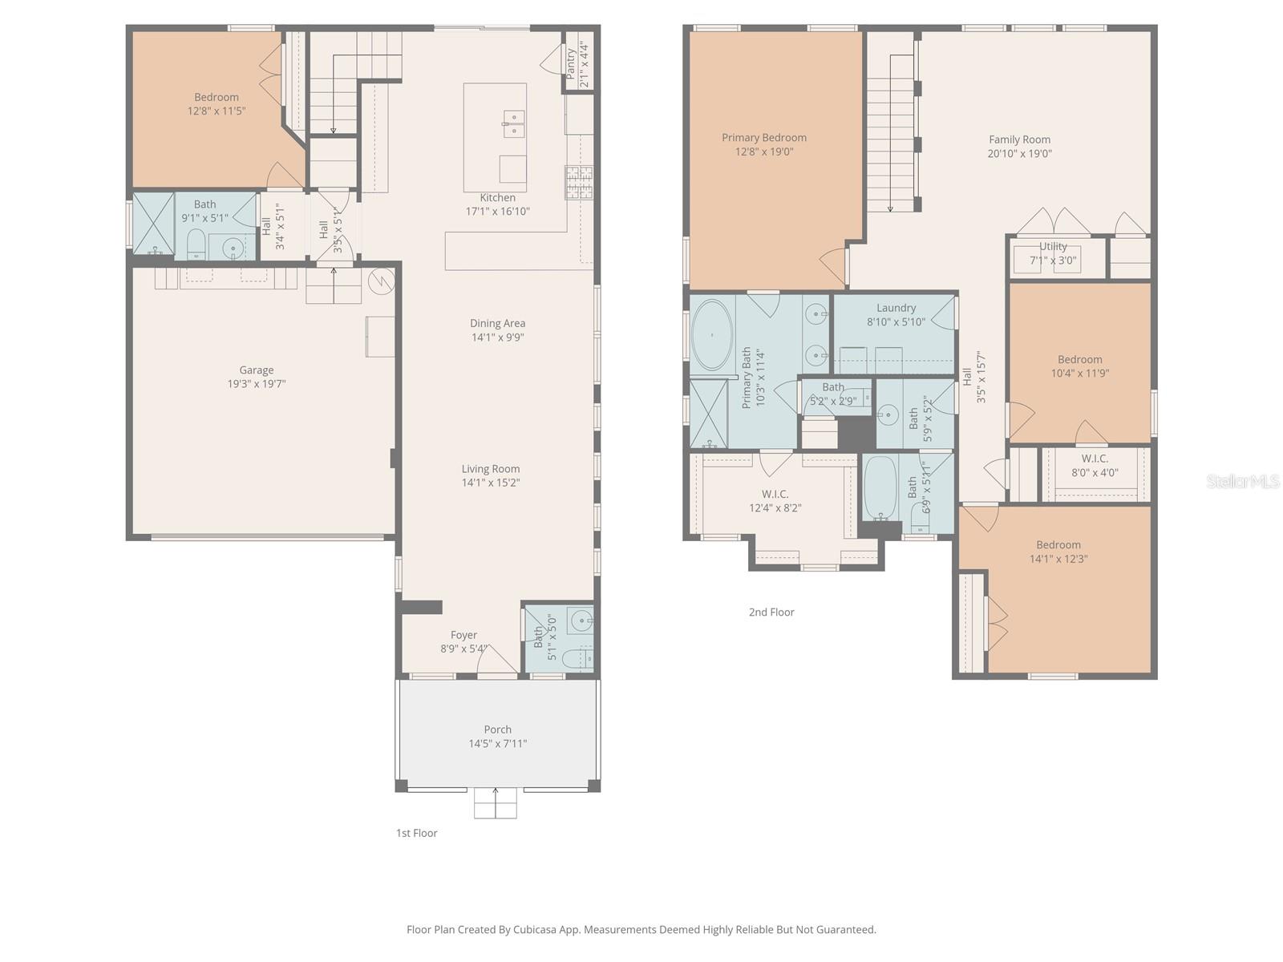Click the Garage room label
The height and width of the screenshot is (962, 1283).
257,370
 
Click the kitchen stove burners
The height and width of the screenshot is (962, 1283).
578,182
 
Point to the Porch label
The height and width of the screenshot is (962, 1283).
497,730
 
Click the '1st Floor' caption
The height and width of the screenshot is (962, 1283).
416,833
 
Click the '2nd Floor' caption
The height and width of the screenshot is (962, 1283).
771,612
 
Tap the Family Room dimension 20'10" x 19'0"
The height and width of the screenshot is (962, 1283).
1019,153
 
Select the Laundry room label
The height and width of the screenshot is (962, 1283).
896,308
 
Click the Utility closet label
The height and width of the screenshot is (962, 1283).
1053,246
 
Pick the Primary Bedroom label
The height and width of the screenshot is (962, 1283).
763,138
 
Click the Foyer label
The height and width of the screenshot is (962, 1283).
463,635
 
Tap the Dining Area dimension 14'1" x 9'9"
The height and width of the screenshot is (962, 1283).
497,338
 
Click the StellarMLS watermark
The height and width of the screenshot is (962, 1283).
1242,481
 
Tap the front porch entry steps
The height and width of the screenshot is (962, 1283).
495,804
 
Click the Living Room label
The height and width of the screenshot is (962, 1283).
490,469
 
